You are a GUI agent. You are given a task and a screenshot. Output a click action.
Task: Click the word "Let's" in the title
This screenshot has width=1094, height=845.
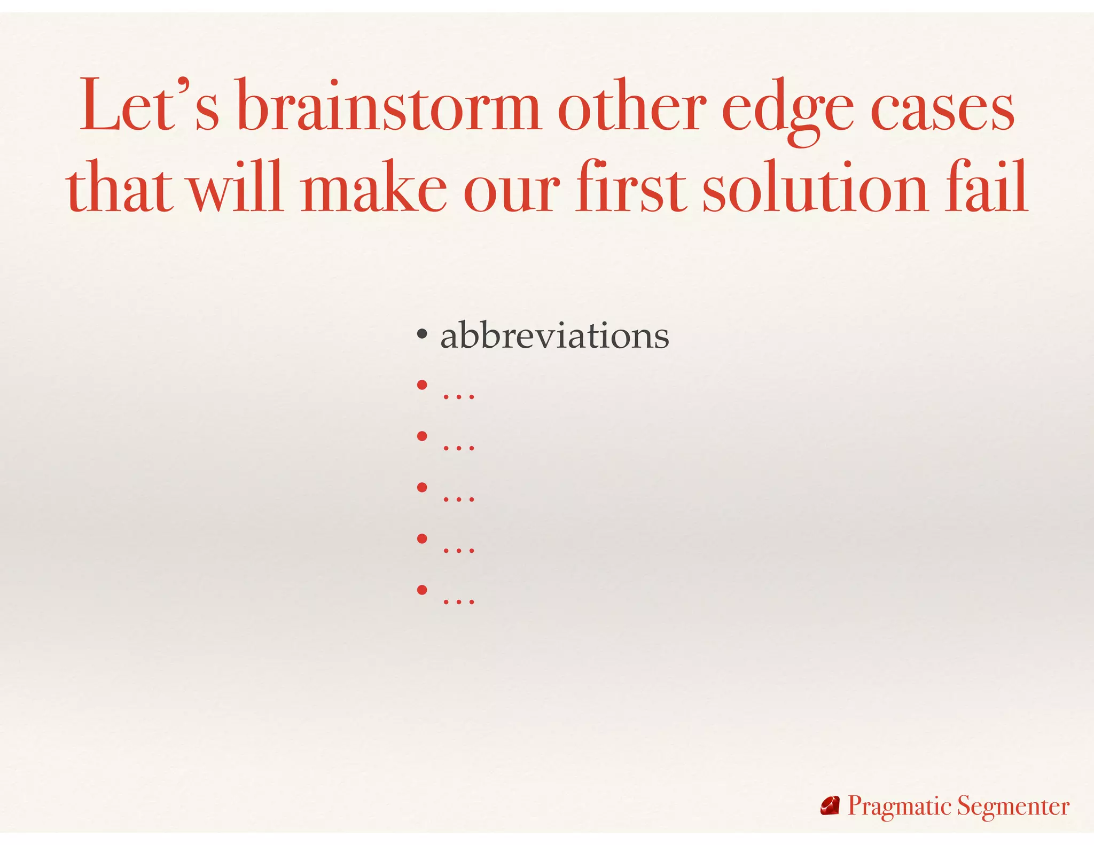pos(149,106)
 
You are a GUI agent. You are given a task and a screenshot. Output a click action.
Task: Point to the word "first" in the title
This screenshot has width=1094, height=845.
pos(631,187)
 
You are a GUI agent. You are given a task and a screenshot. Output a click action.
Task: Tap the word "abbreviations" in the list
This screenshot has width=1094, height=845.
pos(554,337)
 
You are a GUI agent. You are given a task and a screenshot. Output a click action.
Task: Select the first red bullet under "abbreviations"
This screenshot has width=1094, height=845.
pos(422,385)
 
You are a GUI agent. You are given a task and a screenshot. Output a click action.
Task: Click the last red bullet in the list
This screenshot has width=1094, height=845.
pos(422,590)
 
